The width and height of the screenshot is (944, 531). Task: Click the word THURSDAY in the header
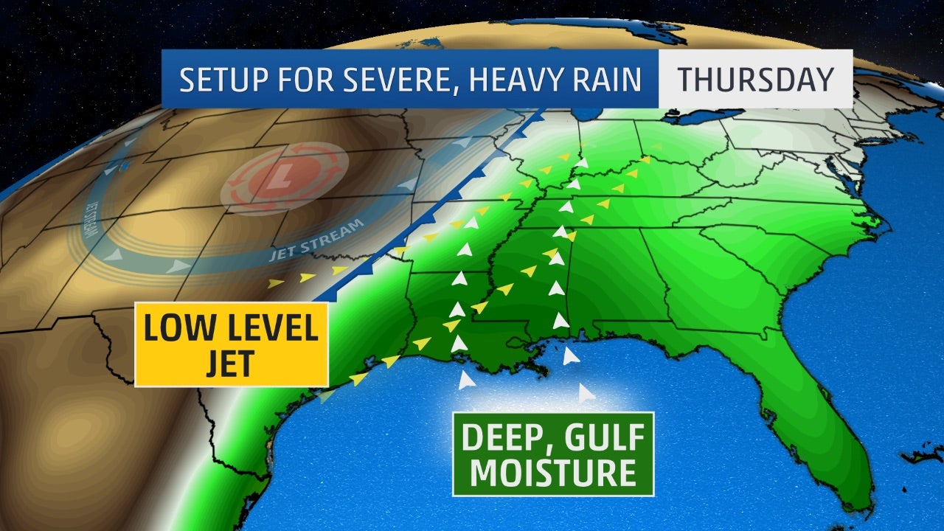point(756,79)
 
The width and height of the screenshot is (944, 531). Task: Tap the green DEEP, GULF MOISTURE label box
point(552,454)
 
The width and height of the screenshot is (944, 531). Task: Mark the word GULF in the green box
point(602,438)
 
